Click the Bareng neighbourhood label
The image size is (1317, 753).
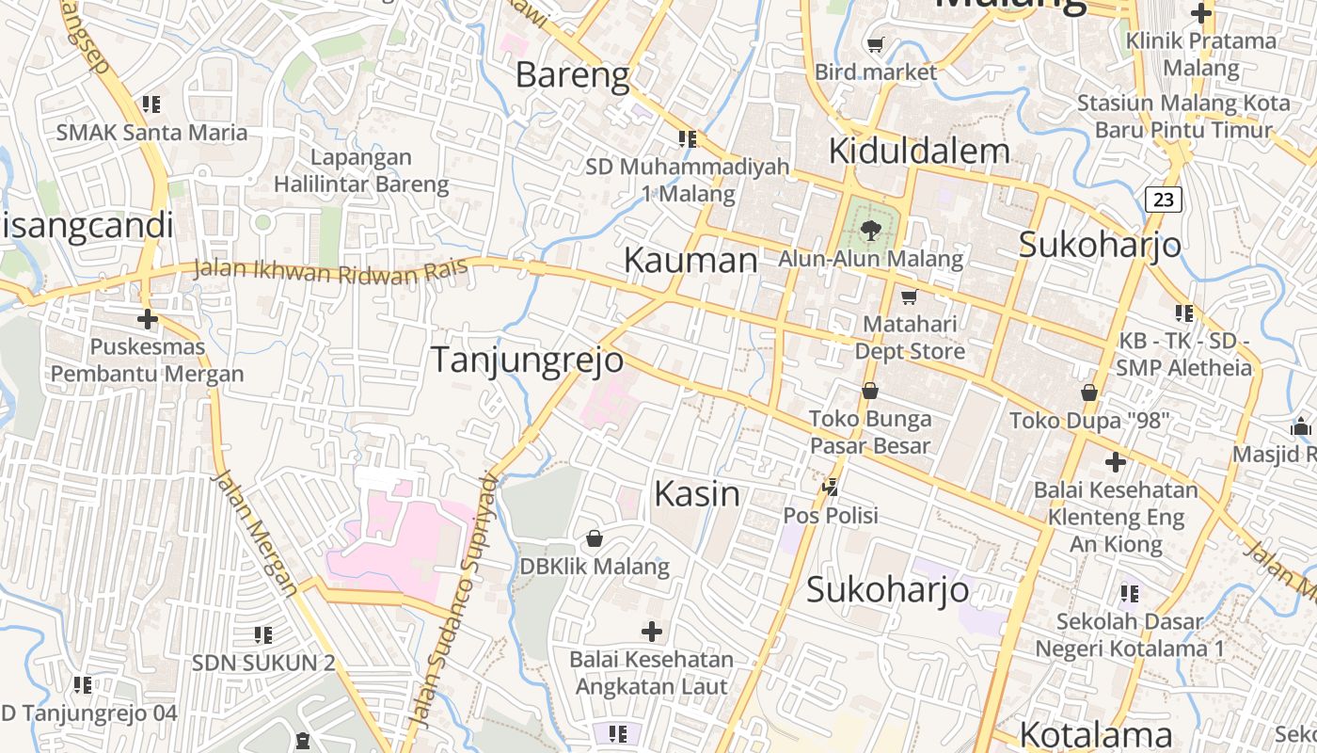573,74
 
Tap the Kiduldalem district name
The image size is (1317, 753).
919,151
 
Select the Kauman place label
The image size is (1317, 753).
690,261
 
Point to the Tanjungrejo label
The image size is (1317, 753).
527,360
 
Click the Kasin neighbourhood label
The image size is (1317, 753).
697,493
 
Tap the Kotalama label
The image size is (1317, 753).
1096,734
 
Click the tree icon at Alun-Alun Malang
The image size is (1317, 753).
870,229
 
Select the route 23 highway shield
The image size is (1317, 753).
1164,199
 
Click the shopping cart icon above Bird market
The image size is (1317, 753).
876,44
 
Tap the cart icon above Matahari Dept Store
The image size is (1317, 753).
909,297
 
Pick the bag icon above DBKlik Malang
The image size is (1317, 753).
595,538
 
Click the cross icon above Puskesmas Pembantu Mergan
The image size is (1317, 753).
148,319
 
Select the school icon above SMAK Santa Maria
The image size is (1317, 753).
151,104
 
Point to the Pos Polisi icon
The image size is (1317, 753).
831,488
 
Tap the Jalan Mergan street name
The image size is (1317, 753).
255,533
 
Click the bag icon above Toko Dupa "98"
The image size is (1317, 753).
1089,392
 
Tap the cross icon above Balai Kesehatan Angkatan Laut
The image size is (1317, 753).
651,631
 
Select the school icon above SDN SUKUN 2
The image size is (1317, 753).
263,635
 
